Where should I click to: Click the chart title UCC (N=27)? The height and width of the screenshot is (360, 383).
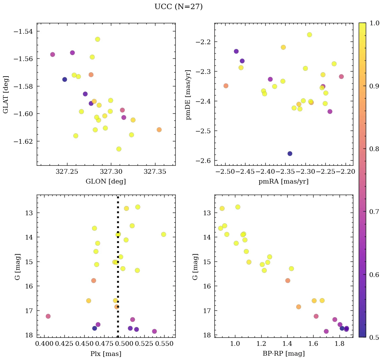[178, 7]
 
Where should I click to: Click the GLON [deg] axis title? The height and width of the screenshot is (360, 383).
[106, 182]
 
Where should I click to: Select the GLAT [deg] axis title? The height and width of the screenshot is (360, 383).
[6, 94]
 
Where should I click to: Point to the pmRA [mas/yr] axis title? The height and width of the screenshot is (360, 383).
[283, 182]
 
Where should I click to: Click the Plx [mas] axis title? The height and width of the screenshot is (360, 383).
[106, 354]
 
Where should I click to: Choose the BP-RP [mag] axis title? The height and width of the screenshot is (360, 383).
[283, 354]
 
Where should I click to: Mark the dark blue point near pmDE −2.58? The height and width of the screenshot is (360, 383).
[290, 154]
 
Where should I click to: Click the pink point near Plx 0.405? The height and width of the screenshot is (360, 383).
[48, 316]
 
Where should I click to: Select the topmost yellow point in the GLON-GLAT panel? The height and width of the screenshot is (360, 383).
[97, 39]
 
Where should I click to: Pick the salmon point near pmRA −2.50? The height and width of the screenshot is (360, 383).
[226, 86]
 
